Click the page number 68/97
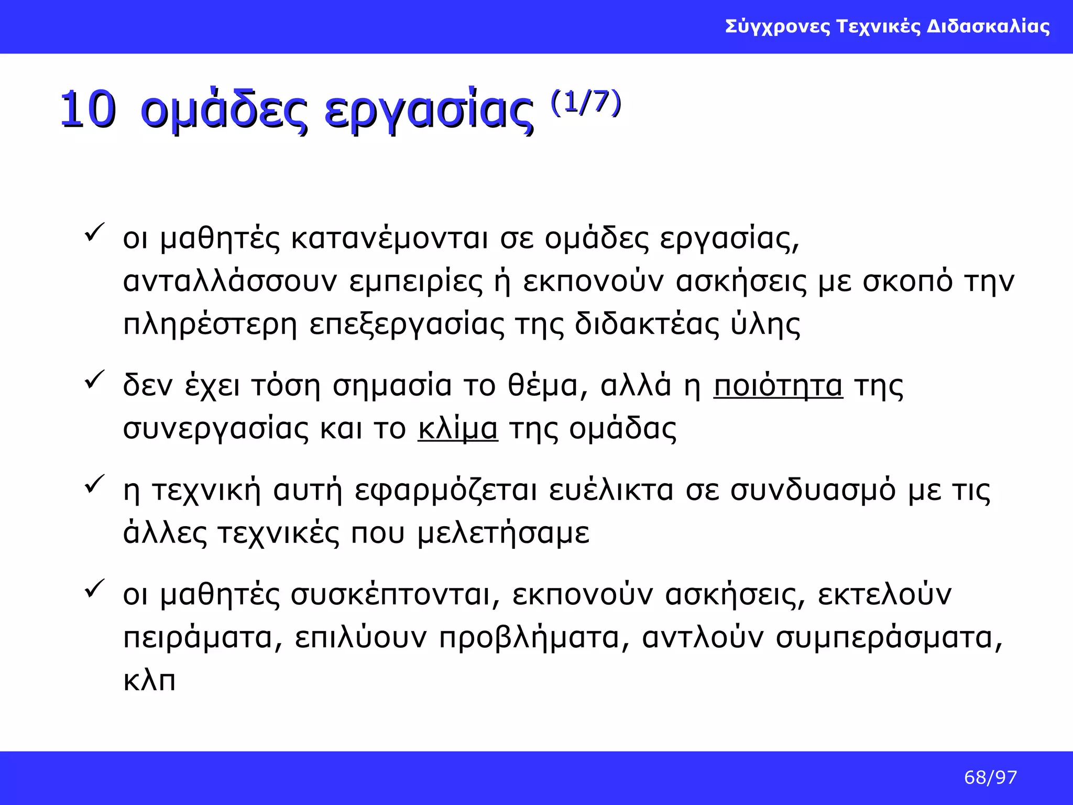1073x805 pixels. pos(990,777)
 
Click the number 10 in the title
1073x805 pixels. pos(87,110)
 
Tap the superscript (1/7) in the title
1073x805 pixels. pos(586,102)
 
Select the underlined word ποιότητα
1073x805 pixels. pos(778,386)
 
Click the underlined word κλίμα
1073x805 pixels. pos(457,428)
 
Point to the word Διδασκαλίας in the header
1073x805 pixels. pos(988,26)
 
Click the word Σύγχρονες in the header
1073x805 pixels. pos(778,26)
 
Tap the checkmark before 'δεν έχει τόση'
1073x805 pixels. pos(94,379)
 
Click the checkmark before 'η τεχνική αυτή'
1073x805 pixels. pos(94,484)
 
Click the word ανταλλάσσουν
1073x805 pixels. pos(229,281)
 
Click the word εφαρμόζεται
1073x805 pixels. pos(446,491)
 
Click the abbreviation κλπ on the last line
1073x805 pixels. pos(149,681)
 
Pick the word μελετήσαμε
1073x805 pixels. pos(503,534)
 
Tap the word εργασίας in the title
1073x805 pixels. pos(429,111)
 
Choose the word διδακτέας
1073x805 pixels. pos(647,324)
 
